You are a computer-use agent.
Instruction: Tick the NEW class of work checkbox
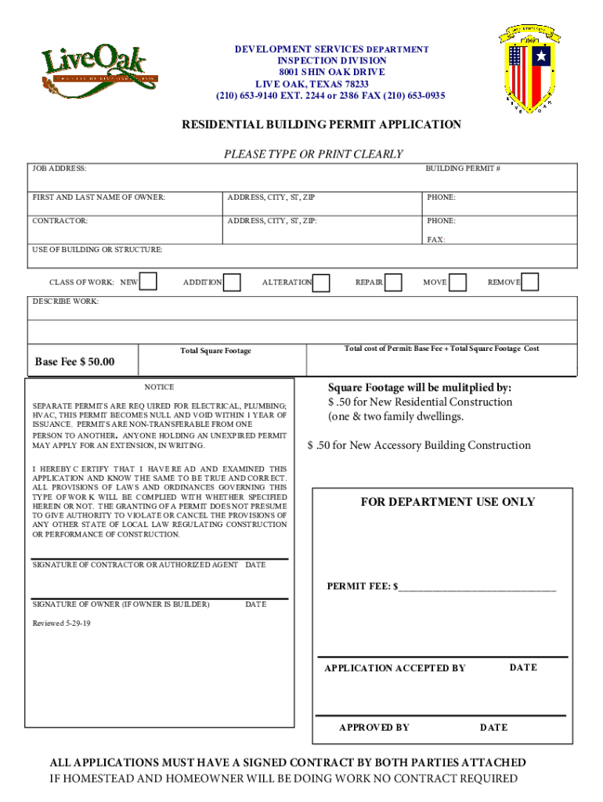pyautogui.click(x=149, y=282)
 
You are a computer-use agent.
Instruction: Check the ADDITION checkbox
pyautogui.click(x=232, y=282)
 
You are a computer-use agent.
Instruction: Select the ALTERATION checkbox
pyautogui.click(x=321, y=282)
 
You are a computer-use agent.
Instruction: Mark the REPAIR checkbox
pyautogui.click(x=393, y=282)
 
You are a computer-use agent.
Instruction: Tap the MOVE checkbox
pyautogui.click(x=458, y=282)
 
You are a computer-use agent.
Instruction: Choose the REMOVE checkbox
pyautogui.click(x=530, y=282)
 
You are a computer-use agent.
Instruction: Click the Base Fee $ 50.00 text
pyautogui.click(x=75, y=362)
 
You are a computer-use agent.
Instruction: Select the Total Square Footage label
pyautogui.click(x=215, y=351)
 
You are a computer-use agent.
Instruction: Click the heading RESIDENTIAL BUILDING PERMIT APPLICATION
pyautogui.click(x=322, y=125)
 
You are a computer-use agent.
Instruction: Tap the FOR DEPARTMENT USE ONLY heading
pyautogui.click(x=447, y=502)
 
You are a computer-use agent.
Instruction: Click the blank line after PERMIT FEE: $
pyautogui.click(x=477, y=587)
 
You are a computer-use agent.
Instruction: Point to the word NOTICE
pyautogui.click(x=159, y=387)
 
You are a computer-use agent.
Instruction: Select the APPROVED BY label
pyautogui.click(x=374, y=728)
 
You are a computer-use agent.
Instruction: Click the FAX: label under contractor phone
pyautogui.click(x=436, y=240)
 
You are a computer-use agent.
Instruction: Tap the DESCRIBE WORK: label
pyautogui.click(x=66, y=302)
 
